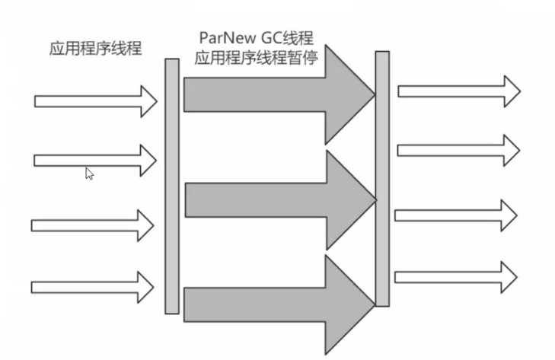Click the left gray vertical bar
(172, 186)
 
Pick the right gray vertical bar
(382, 177)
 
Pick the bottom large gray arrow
(274, 304)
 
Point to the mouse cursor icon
(89, 174)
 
